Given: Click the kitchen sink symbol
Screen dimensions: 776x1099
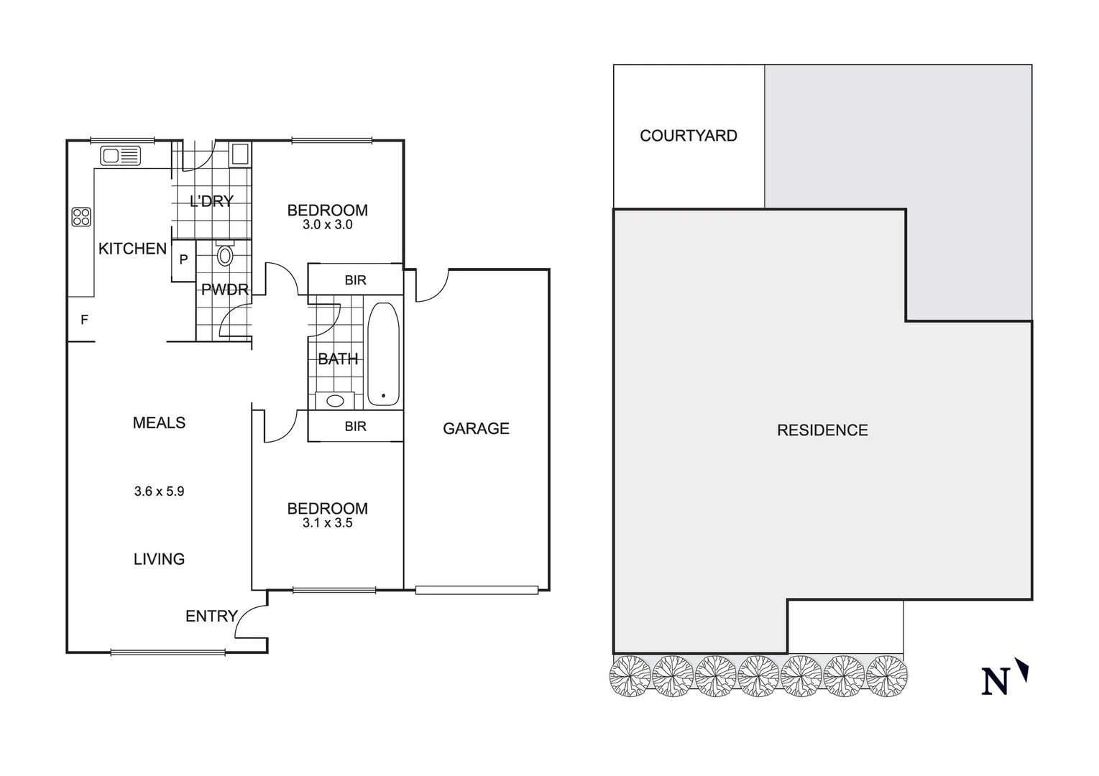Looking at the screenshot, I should [x=120, y=155].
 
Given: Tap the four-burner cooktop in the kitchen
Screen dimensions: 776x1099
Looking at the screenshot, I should [x=81, y=217].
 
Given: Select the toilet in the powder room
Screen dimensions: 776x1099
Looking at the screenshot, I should [x=225, y=254].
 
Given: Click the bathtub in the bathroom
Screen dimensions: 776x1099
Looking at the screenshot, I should [x=382, y=354].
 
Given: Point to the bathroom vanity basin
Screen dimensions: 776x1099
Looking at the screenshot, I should [x=335, y=400].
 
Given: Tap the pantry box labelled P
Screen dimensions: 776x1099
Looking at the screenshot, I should [x=183, y=260].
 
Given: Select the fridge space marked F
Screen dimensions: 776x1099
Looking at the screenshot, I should [x=84, y=320].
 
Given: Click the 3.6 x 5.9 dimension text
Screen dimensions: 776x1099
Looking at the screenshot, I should [x=159, y=491].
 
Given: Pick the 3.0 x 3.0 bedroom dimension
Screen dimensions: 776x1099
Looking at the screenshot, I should [x=327, y=225].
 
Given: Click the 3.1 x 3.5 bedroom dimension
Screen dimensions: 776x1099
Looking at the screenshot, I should [x=327, y=523].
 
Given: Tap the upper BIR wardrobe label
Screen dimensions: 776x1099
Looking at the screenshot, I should [x=355, y=280].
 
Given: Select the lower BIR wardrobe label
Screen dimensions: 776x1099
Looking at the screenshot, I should [x=355, y=426].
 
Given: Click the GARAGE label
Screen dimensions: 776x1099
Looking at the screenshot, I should [x=476, y=429].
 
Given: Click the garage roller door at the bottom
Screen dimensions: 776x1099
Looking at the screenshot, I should [x=477, y=590].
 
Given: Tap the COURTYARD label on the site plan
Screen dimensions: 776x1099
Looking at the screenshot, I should [x=688, y=136].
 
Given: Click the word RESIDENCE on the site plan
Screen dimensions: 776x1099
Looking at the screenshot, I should [x=822, y=430].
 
